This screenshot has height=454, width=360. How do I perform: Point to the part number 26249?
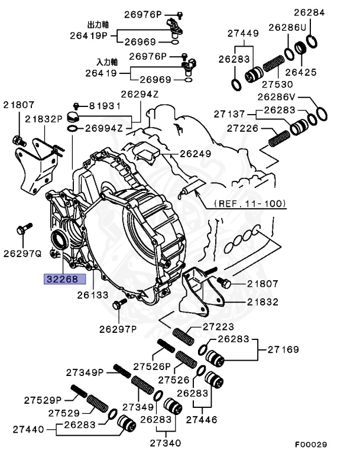[x=195, y=154]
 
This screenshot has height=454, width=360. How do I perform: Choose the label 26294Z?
[x=140, y=94]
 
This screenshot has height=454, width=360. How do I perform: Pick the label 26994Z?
[x=103, y=128]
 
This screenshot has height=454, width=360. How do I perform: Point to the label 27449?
[x=243, y=33]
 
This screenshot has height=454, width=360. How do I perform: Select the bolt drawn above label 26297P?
[x=117, y=304]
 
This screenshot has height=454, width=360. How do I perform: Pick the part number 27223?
[x=218, y=327]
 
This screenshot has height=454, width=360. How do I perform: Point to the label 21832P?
[x=44, y=119]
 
